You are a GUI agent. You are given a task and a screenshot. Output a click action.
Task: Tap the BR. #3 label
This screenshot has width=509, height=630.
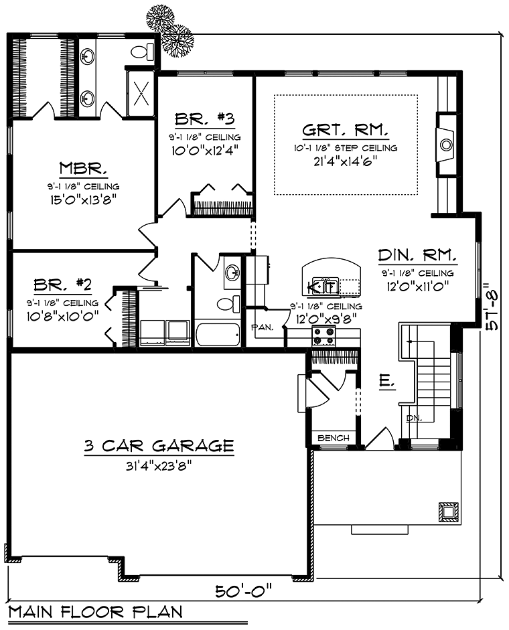tap(204, 120)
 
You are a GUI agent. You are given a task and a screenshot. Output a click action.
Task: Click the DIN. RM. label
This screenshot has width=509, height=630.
tap(418, 255)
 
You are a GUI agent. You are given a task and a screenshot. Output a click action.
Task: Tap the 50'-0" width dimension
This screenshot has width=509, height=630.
tap(244, 592)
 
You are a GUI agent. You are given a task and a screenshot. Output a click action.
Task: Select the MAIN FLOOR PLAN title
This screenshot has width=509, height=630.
tap(95, 612)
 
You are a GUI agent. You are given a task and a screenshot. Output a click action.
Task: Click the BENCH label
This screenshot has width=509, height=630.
tap(334, 439)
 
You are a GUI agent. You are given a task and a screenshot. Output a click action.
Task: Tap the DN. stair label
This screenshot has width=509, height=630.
tap(412, 418)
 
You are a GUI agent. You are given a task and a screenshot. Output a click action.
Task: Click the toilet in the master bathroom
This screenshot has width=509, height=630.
tap(141, 51)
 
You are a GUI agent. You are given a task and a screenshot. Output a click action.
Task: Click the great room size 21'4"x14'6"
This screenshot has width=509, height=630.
tap(345, 161)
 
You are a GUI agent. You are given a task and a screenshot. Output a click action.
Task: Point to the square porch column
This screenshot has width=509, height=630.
tap(447, 511)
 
